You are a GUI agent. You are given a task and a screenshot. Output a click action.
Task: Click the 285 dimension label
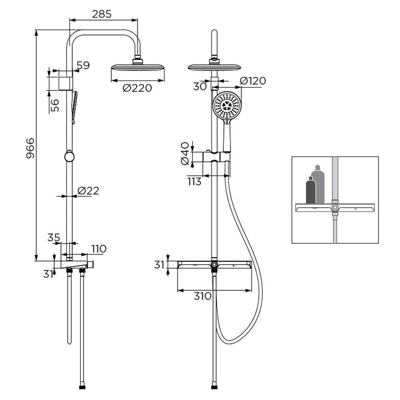coord(102,14)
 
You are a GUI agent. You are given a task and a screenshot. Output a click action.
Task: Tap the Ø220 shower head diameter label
coord(137,88)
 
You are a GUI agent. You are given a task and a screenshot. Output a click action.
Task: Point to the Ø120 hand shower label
coord(253,81)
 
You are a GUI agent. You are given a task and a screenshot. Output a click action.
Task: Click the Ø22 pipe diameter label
coord(88,190)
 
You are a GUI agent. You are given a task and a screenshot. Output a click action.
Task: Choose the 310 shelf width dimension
coord(203,296)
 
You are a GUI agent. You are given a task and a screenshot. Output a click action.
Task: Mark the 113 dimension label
coord(194,182)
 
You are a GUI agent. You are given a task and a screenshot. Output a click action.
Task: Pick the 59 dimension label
coord(83,65)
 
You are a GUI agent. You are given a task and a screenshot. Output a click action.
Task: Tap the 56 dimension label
coord(54,105)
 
